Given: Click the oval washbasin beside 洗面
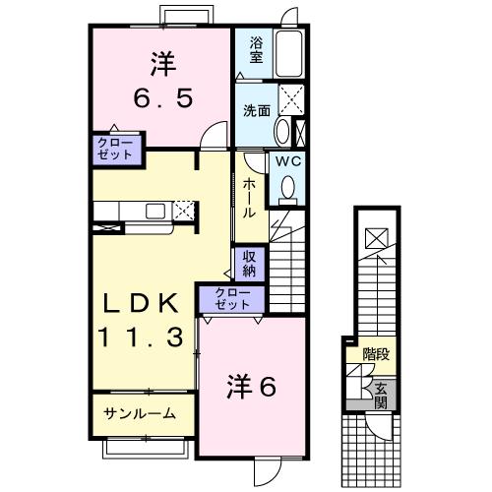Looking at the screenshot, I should pyautogui.click(x=283, y=132).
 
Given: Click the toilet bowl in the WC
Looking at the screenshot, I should pyautogui.click(x=289, y=186).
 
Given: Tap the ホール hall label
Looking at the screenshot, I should pyautogui.click(x=251, y=197).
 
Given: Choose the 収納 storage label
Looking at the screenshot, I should pyautogui.click(x=248, y=263).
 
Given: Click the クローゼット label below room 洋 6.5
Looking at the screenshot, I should pyautogui.click(x=116, y=149).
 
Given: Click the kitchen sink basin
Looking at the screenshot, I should pyautogui.click(x=155, y=210).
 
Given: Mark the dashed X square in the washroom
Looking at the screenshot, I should pyautogui.click(x=291, y=97).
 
